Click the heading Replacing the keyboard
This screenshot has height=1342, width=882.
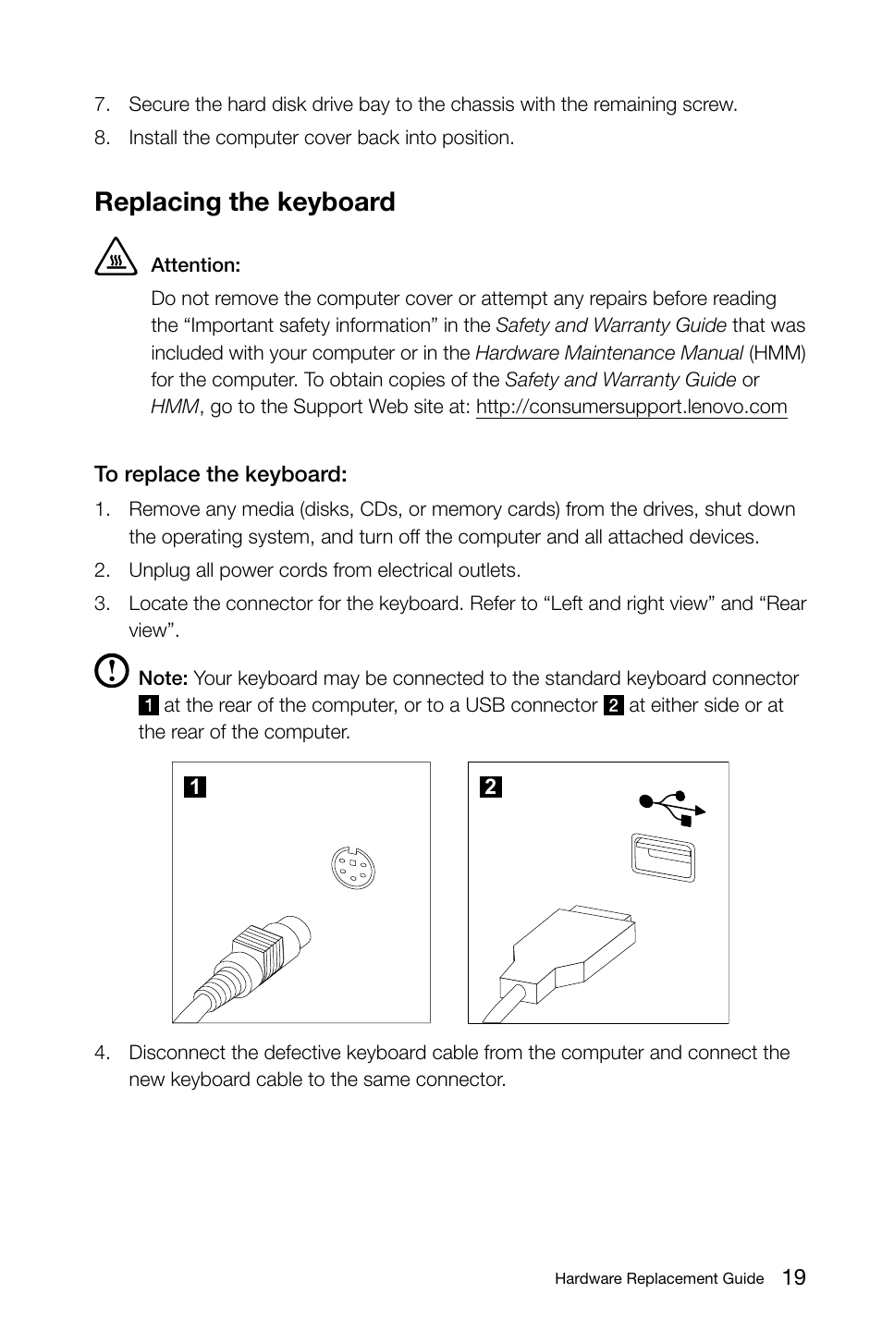tap(244, 202)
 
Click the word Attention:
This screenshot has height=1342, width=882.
tap(195, 265)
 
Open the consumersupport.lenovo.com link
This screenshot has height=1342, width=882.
tap(631, 407)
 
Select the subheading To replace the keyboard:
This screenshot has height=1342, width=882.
tap(220, 474)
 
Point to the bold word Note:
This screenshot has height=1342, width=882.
tap(163, 678)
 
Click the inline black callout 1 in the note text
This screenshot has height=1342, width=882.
tap(148, 706)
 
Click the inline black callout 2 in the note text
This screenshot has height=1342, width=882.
tap(613, 706)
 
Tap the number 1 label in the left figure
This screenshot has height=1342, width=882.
tap(194, 787)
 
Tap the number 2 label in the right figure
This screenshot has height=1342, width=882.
tap(491, 787)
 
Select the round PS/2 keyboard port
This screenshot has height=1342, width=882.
tap(353, 867)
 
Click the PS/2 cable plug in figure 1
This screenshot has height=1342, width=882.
tap(259, 952)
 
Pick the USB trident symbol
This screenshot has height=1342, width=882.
tap(672, 806)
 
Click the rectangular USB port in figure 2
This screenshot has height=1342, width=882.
tap(662, 857)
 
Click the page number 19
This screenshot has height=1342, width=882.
tap(792, 1277)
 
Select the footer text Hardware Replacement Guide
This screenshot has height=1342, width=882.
tap(659, 1279)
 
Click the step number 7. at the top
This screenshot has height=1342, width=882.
tap(102, 104)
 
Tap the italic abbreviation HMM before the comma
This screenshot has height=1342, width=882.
tap(174, 407)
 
